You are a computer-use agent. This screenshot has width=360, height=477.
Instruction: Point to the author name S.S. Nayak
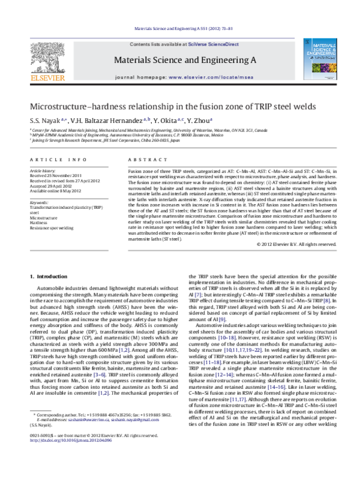pyautogui.click(x=44, y=121)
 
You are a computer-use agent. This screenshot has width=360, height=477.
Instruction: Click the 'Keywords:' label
pyautogui.click(x=39, y=203)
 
